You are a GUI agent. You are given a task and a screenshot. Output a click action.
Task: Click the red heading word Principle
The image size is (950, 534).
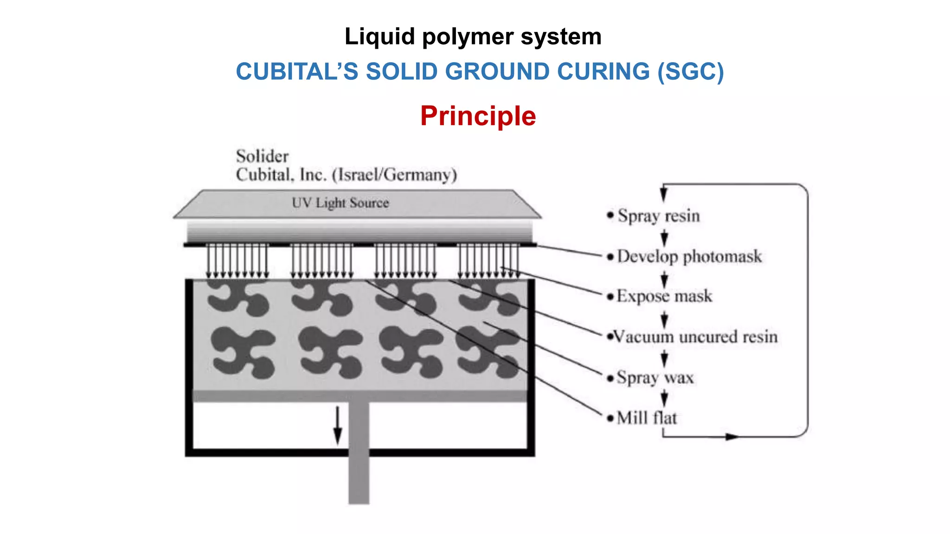click(478, 116)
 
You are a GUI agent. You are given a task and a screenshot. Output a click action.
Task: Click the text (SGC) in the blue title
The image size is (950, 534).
click(690, 72)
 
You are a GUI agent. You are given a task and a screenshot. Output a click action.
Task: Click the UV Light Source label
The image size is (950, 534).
click(340, 203)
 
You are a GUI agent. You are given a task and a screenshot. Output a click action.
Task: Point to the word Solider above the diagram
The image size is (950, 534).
click(262, 156)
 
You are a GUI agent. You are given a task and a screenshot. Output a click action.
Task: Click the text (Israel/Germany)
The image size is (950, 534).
click(395, 175)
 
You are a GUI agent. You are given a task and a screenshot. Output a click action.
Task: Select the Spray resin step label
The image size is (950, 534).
click(658, 216)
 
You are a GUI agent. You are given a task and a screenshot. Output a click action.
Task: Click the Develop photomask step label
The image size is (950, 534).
click(689, 256)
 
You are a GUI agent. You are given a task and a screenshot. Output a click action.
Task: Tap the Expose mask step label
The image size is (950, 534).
click(664, 296)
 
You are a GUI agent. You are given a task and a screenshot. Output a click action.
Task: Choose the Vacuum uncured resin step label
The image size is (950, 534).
click(695, 337)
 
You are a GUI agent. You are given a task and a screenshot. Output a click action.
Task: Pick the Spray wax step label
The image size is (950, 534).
click(655, 378)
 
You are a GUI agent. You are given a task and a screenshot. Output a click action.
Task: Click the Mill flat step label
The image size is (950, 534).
click(647, 418)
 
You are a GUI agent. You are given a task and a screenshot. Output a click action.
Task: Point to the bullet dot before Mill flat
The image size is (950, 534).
click(610, 419)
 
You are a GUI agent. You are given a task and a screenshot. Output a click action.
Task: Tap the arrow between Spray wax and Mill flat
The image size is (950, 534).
click(664, 398)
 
